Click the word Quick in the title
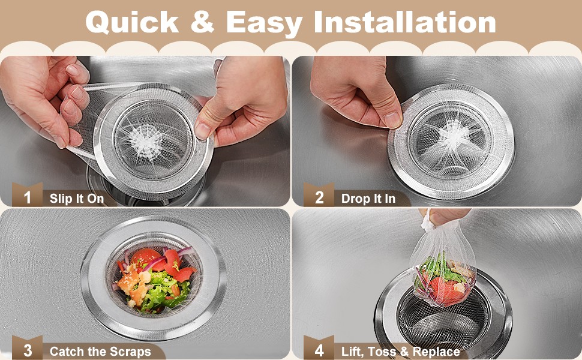(x=132, y=23)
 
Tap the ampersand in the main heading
(x=202, y=22)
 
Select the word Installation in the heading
(x=405, y=22)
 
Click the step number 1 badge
(x=27, y=195)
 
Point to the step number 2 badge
(x=319, y=195)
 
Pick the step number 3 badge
(x=27, y=348)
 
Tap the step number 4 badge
(x=319, y=348)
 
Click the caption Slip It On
(x=77, y=199)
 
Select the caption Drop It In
(x=368, y=199)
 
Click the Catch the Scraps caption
(x=100, y=351)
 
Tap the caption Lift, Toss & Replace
(x=400, y=351)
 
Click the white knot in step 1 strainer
(x=146, y=142)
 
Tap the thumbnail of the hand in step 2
(x=392, y=119)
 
